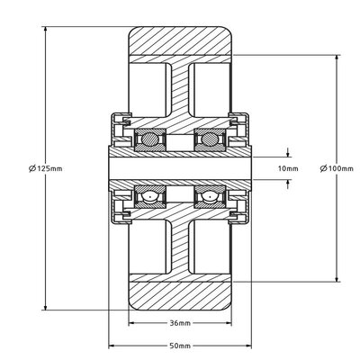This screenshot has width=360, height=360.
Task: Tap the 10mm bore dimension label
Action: tap(287, 167)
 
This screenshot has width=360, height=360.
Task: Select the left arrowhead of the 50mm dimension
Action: tap(112, 346)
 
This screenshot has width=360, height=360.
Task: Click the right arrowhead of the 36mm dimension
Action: tap(227, 323)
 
